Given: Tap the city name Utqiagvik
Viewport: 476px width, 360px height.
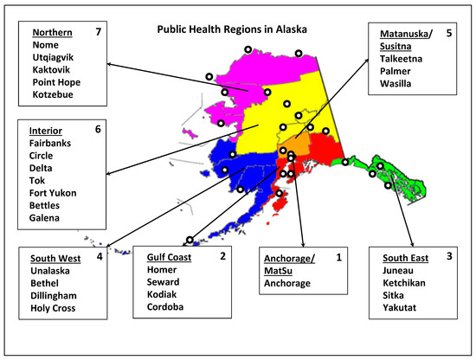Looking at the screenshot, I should pyautogui.click(x=55, y=56).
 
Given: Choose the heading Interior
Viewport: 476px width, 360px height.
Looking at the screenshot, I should pyautogui.click(x=46, y=129).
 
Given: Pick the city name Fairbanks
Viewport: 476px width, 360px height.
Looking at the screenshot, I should pyautogui.click(x=51, y=143).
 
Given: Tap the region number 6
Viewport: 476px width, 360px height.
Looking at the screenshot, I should pyautogui.click(x=98, y=129).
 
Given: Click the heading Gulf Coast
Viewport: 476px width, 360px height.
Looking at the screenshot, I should pyautogui.click(x=169, y=256).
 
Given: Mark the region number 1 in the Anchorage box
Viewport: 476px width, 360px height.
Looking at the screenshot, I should pyautogui.click(x=339, y=256).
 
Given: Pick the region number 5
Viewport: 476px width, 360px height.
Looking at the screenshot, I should pyautogui.click(x=449, y=34).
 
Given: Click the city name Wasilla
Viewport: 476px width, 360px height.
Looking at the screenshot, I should pyautogui.click(x=397, y=84).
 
